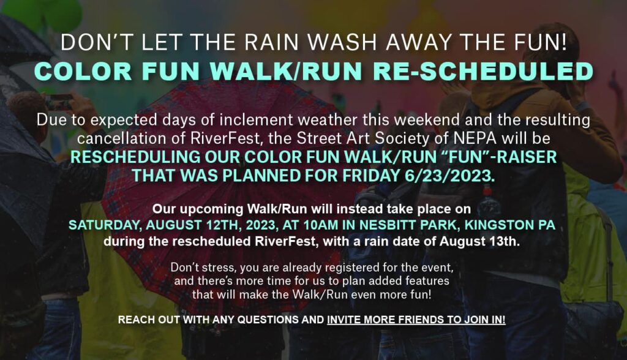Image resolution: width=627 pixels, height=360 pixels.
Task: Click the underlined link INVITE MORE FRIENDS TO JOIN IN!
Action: point(416,320)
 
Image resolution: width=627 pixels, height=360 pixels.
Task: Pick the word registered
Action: point(359,267)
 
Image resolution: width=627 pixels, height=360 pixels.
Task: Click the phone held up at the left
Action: point(59,102)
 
